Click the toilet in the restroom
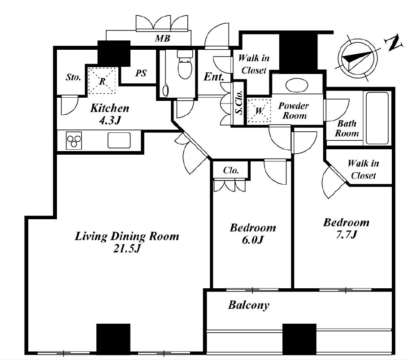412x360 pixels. [185, 65]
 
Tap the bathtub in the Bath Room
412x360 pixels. [377, 118]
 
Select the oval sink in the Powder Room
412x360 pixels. [297, 85]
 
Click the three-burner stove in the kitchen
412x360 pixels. [74, 141]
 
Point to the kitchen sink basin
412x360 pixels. [119, 140]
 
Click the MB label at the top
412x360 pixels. [162, 39]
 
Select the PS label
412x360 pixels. [141, 73]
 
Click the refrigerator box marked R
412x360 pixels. [102, 81]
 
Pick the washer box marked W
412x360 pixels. [259, 111]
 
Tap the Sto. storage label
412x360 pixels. [73, 77]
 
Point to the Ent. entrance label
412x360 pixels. [214, 77]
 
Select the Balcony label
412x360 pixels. [248, 305]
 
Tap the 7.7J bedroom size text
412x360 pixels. [347, 234]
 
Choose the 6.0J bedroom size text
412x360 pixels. [252, 240]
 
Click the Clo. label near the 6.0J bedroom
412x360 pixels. [231, 170]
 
